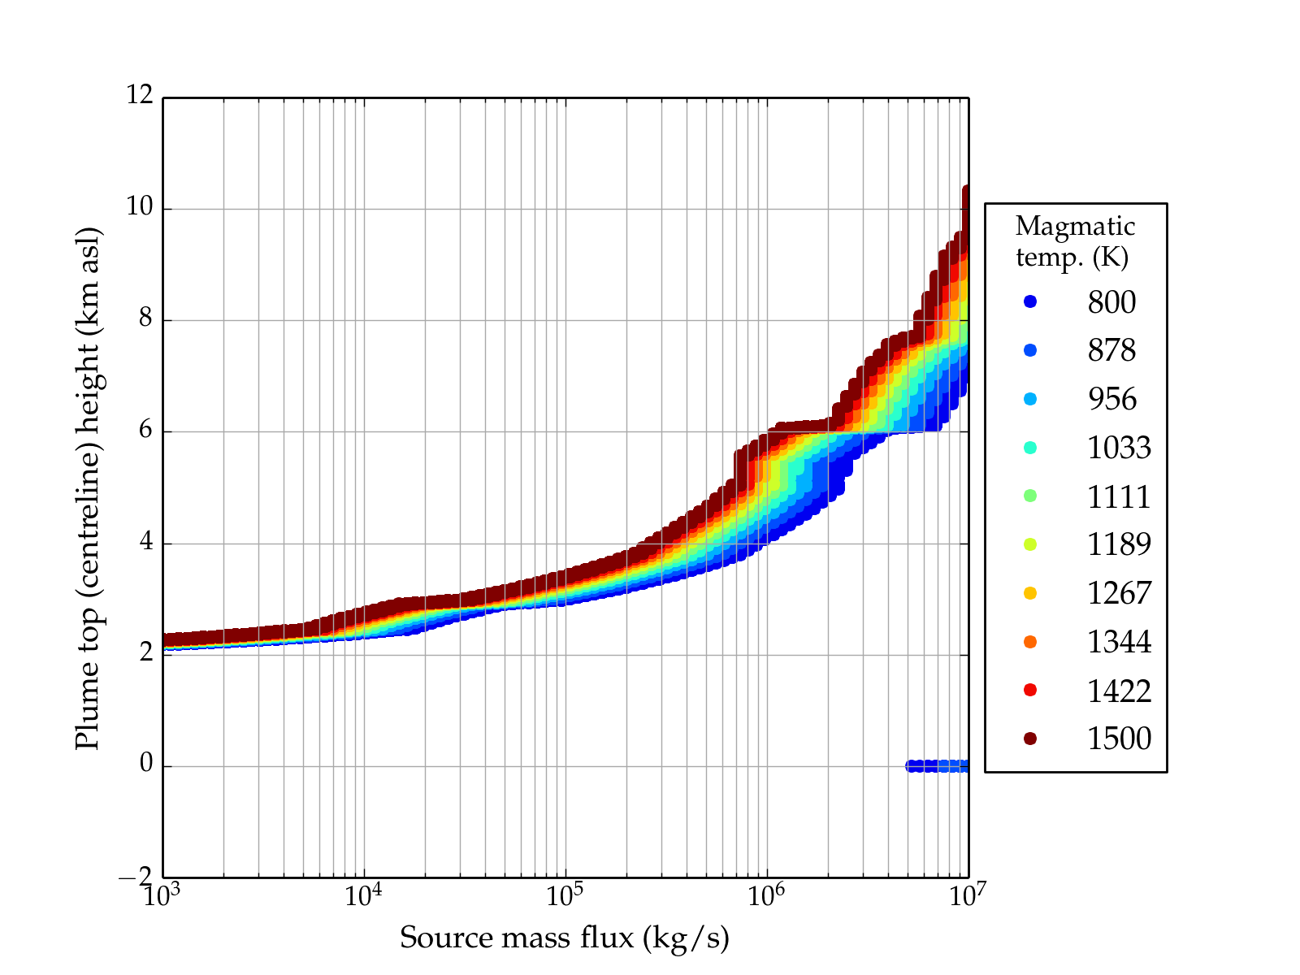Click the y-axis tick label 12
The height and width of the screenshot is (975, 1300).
(x=140, y=96)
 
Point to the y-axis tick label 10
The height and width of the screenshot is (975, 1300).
(x=140, y=207)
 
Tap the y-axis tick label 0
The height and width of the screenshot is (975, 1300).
(x=146, y=764)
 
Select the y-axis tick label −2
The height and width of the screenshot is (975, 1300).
(x=136, y=876)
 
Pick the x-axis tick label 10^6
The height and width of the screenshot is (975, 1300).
(x=765, y=895)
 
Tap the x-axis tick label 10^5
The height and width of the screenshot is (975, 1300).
(x=564, y=895)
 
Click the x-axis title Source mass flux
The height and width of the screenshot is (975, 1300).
(x=564, y=938)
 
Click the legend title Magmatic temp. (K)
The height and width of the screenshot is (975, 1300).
(x=1075, y=240)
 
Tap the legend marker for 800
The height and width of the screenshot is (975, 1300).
(x=1030, y=301)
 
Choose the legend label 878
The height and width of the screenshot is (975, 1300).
(x=1111, y=350)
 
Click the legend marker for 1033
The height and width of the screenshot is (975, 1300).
(x=1030, y=447)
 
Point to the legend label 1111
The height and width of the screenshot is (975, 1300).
(x=1119, y=496)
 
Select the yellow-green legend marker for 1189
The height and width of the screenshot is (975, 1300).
(x=1030, y=544)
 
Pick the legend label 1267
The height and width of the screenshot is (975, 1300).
(x=1119, y=593)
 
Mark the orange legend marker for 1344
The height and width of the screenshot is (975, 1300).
(x=1030, y=642)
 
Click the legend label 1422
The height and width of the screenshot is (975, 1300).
(x=1119, y=691)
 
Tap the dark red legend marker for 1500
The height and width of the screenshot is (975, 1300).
(x=1030, y=738)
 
